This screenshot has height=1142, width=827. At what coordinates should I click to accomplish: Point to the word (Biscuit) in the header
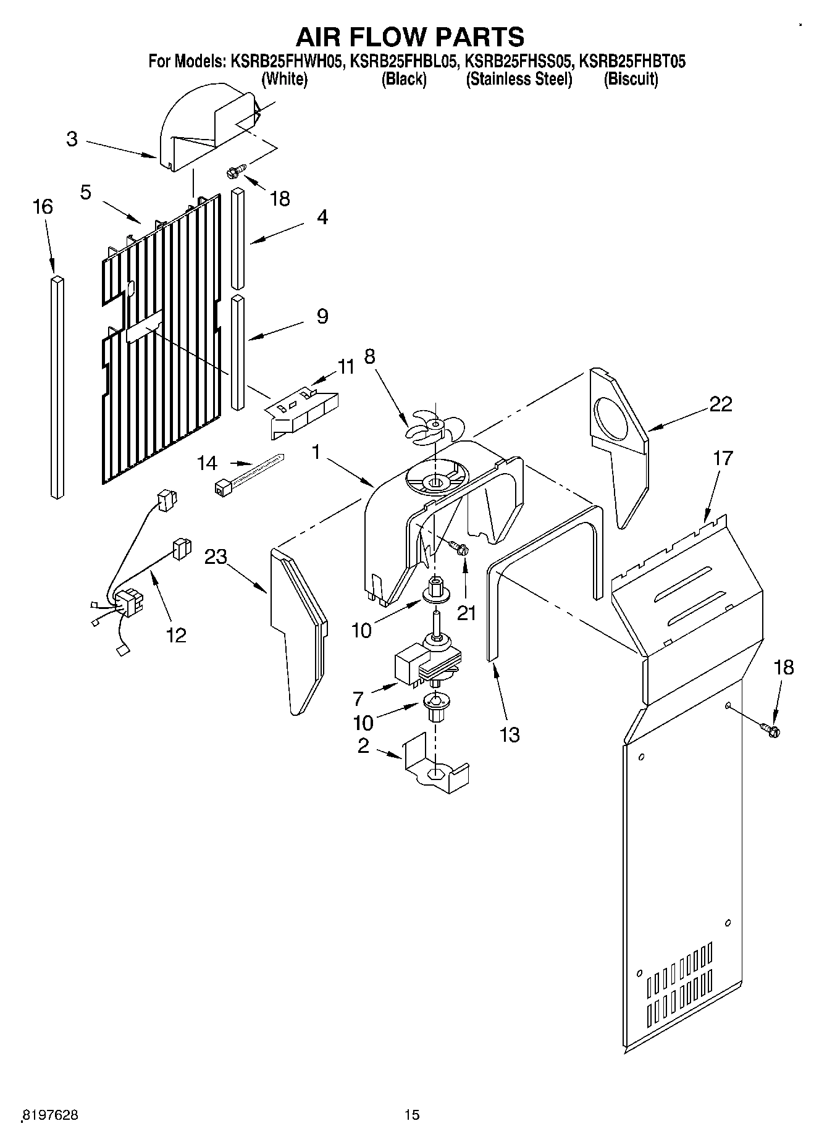pyautogui.click(x=630, y=79)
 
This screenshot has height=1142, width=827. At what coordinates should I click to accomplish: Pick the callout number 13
pyautogui.click(x=510, y=735)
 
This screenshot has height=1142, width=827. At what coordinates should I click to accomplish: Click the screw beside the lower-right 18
pyautogui.click(x=771, y=731)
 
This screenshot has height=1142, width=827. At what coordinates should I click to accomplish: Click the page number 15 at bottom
pyautogui.click(x=412, y=1115)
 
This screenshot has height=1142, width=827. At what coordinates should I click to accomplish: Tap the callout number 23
pyautogui.click(x=216, y=556)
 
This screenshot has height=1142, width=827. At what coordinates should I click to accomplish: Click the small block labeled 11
pyautogui.click(x=303, y=413)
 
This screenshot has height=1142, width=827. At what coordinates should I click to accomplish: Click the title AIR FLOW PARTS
pyautogui.click(x=410, y=36)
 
